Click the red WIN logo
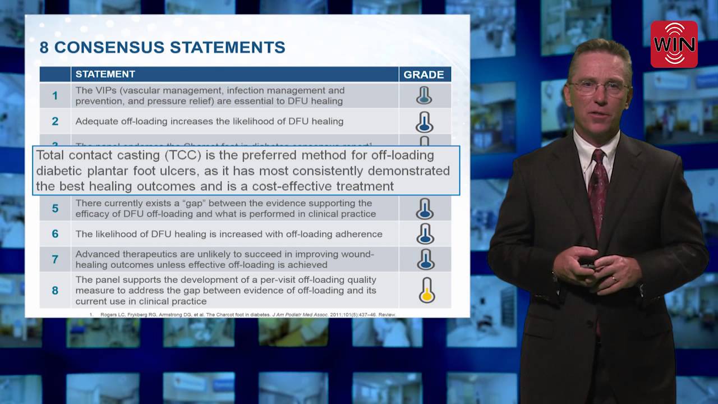click(x=674, y=44)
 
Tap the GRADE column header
click(x=424, y=75)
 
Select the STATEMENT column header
click(x=105, y=74)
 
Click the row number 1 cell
click(x=55, y=95)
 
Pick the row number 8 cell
click(x=55, y=290)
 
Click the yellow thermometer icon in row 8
click(x=427, y=290)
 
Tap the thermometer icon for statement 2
click(x=425, y=121)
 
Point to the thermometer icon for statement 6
click(x=425, y=234)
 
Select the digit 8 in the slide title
click(x=44, y=47)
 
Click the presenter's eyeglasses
click(x=599, y=87)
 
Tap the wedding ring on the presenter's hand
click(x=614, y=278)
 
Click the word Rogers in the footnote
click(x=108, y=315)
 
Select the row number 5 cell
click(x=55, y=208)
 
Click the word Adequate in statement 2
click(x=95, y=121)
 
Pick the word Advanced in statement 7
click(x=96, y=254)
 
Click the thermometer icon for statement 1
click(x=424, y=95)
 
